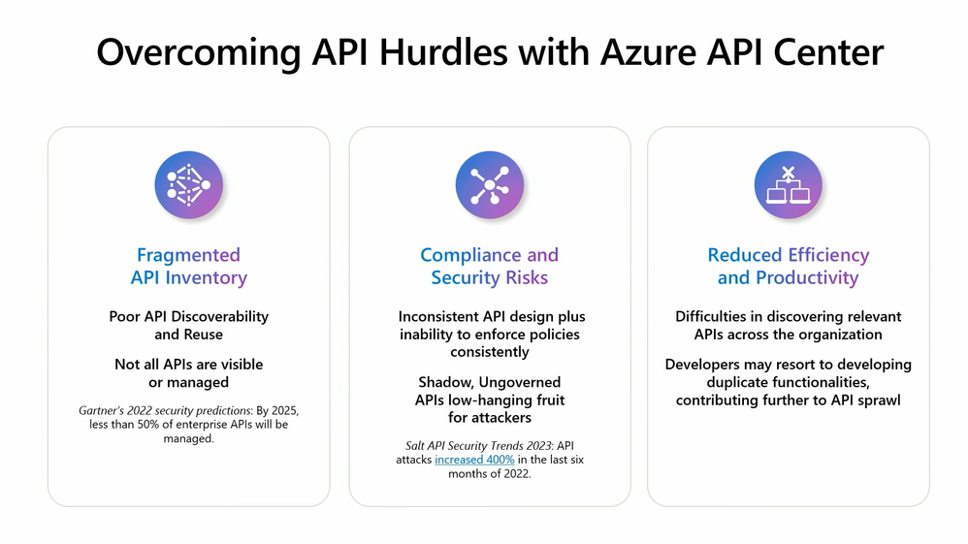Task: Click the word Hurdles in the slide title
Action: click(x=442, y=51)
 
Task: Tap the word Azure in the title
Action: click(x=648, y=51)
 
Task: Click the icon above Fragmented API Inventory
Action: click(x=189, y=184)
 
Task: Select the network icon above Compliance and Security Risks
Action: click(x=490, y=184)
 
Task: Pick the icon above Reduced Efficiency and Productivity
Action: click(x=789, y=184)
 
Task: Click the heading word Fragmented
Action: click(x=188, y=255)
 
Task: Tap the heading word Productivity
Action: click(x=808, y=278)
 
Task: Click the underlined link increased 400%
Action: click(x=474, y=460)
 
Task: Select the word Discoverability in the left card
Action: click(x=220, y=316)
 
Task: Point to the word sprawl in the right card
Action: click(x=879, y=400)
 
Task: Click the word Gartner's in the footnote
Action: click(x=101, y=410)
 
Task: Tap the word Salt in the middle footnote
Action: click(x=414, y=445)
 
